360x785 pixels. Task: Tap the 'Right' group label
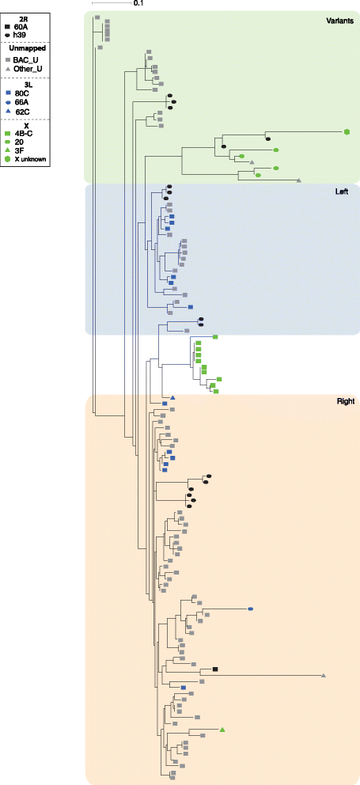tap(346, 401)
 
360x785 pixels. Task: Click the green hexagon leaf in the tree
tap(347, 131)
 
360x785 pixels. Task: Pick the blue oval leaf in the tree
tap(250, 609)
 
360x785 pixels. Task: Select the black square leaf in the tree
tap(214, 669)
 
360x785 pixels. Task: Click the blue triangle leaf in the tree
tap(172, 397)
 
